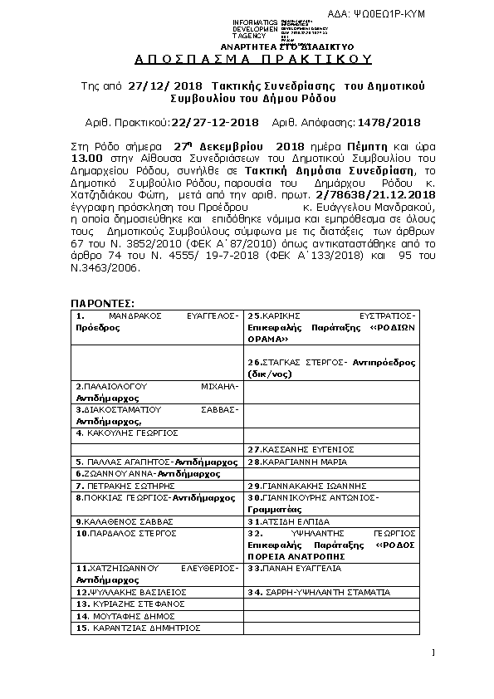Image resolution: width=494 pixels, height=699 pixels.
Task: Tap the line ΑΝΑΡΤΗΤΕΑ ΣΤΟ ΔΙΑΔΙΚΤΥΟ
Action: pos(262,47)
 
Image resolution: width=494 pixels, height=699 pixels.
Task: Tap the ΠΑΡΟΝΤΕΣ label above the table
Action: pos(102,305)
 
